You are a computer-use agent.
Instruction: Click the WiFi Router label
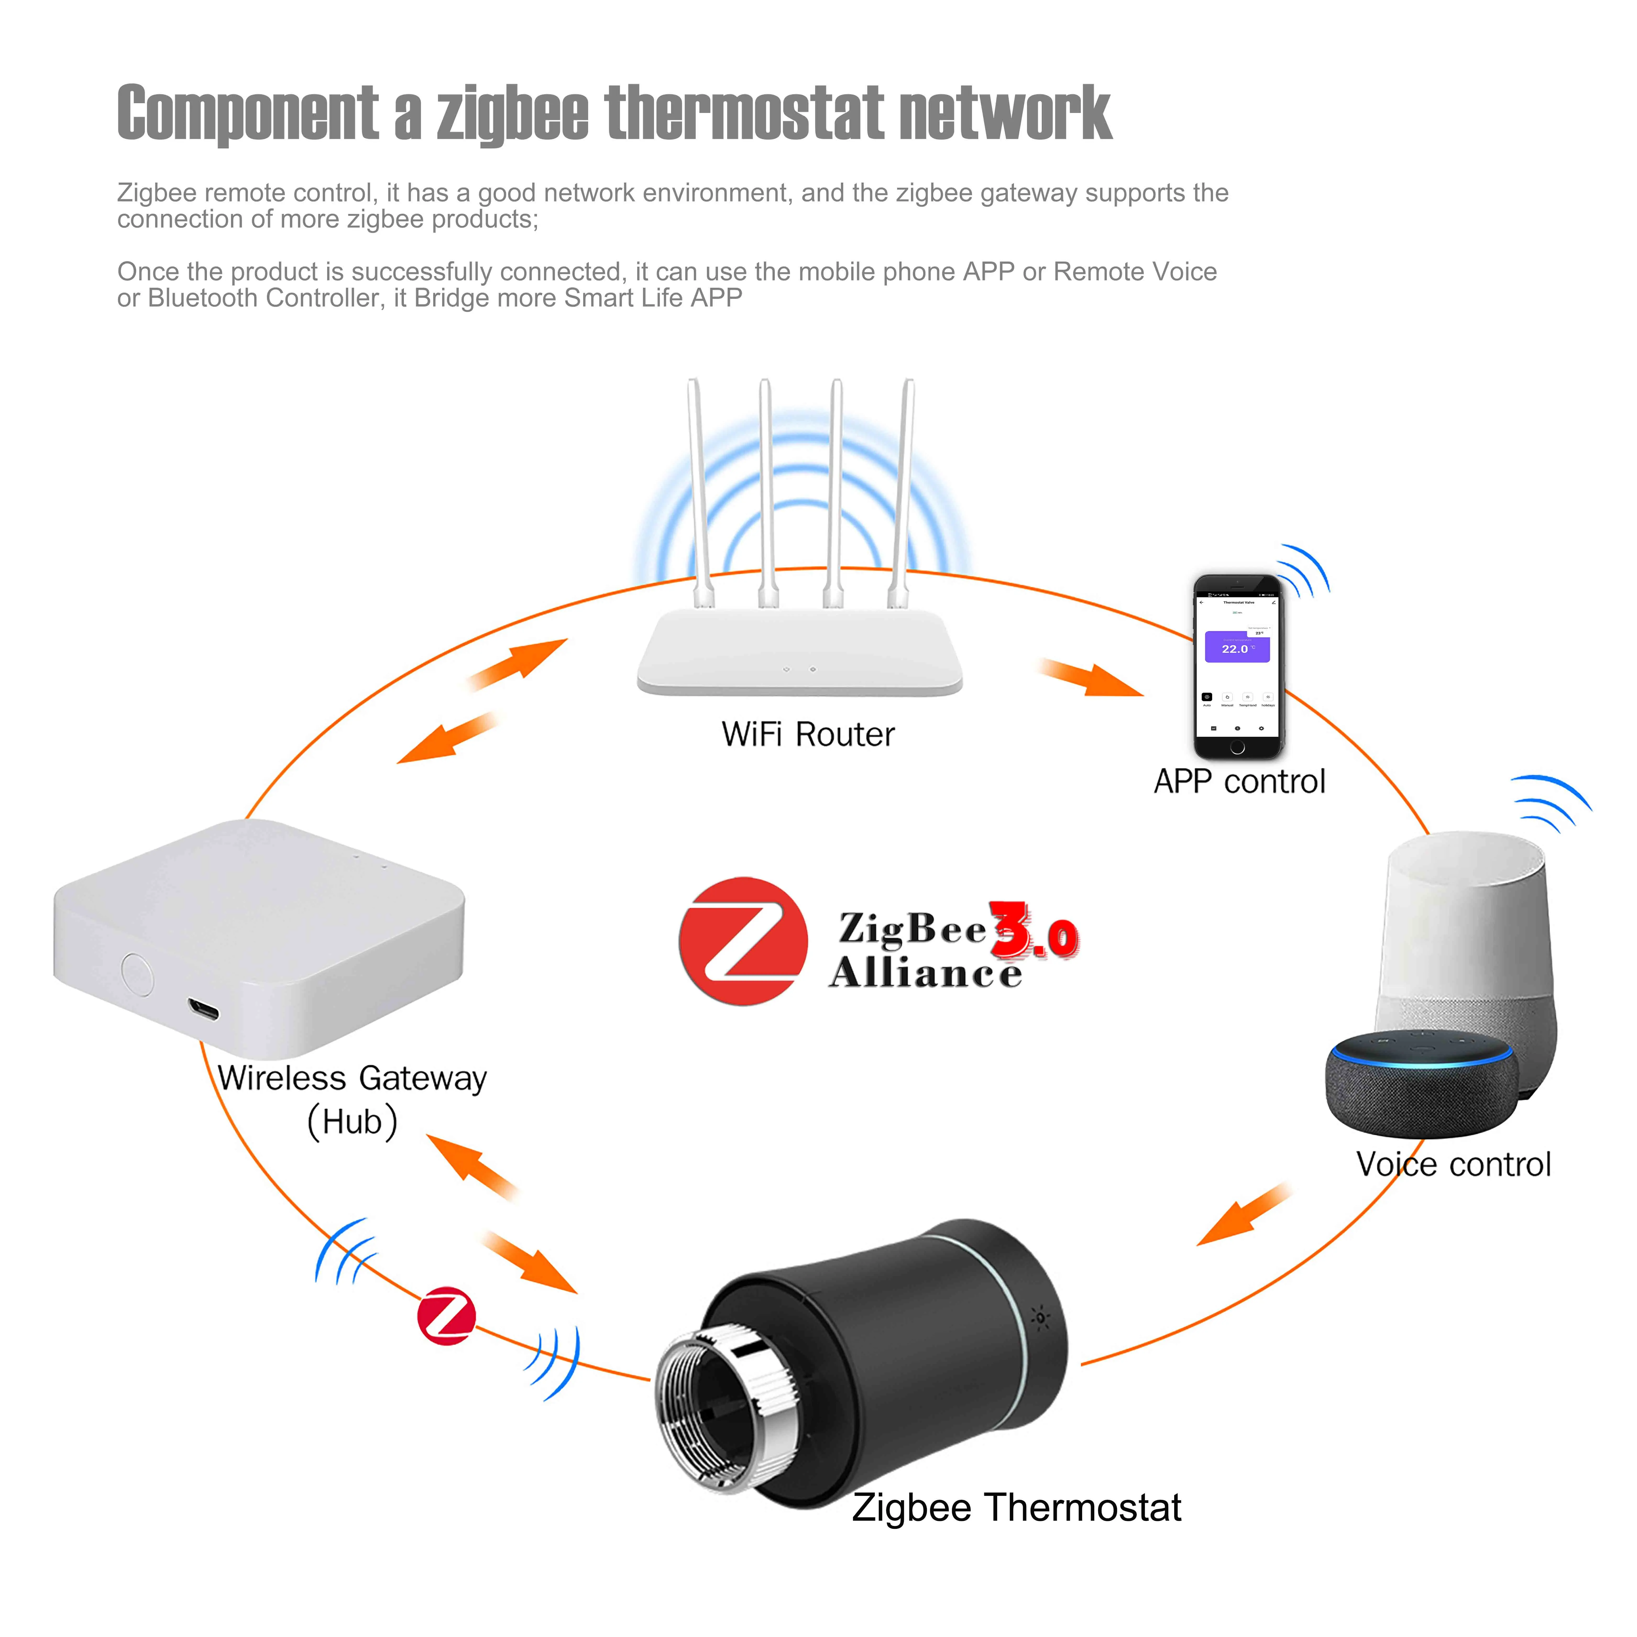coord(807,735)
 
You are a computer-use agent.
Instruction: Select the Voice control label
coord(1453,1164)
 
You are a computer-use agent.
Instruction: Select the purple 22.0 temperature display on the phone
coord(1236,648)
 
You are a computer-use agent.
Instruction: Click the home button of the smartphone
coord(1237,747)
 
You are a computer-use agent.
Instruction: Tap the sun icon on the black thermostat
coord(1040,1317)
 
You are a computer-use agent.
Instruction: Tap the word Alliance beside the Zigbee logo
coord(925,973)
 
